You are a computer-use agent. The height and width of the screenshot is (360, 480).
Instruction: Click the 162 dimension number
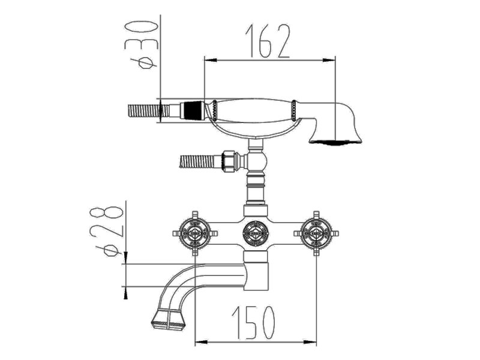[268, 41]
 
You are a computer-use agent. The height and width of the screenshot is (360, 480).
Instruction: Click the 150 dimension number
[253, 322]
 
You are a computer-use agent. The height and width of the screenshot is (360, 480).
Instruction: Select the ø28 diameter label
[106, 232]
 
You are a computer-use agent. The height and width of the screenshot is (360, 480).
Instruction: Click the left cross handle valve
[195, 233]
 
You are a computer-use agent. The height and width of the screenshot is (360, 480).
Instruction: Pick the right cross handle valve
[316, 233]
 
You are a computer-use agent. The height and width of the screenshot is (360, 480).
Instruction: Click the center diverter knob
[256, 233]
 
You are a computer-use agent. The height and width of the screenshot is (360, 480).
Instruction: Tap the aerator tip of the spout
[169, 320]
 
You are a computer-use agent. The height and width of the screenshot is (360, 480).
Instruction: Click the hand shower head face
[335, 142]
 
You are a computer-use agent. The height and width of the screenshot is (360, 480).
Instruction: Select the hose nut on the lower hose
[230, 161]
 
